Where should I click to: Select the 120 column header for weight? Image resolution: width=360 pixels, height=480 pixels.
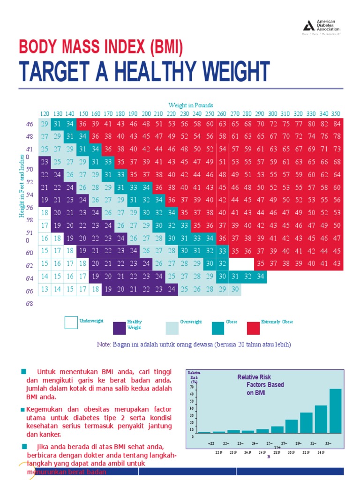tap(45, 114)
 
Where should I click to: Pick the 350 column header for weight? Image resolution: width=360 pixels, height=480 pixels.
tap(336, 114)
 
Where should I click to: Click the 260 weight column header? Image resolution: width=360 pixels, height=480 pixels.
tap(222, 114)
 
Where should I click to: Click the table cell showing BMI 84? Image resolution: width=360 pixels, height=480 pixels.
tap(337, 124)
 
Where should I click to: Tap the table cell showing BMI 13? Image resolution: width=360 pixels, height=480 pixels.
tap(45, 289)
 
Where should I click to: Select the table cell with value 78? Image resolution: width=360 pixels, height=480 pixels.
tap(337, 136)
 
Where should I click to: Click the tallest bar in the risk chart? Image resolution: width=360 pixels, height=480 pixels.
tap(335, 411)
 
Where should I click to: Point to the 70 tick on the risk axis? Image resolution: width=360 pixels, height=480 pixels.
tap(192, 387)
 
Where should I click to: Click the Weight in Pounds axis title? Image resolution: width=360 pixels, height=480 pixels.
tap(190, 105)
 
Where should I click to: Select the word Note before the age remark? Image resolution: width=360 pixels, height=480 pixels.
tap(103, 345)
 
